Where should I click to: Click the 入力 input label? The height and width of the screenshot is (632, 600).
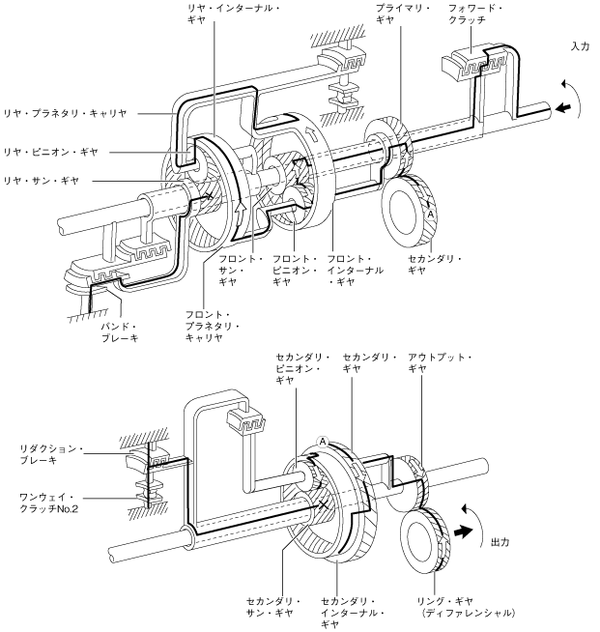(581, 46)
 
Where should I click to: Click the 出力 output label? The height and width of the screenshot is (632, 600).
(500, 542)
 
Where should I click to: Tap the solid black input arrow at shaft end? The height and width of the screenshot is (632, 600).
(563, 108)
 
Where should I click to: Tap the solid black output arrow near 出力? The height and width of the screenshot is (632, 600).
(463, 531)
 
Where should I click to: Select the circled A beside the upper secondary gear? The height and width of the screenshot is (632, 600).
(430, 215)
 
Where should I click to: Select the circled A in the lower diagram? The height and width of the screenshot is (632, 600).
(323, 442)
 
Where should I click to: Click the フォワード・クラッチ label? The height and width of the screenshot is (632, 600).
(474, 14)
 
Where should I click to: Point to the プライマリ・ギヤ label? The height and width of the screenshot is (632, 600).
(403, 14)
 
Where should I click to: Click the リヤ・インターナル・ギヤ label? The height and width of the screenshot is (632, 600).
(234, 14)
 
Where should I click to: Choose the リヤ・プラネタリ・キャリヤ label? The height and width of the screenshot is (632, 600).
(65, 113)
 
